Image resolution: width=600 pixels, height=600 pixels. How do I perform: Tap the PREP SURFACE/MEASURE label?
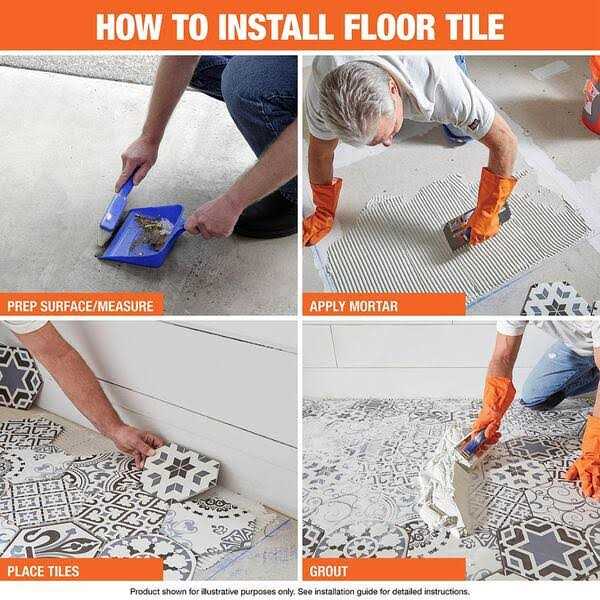click(81, 305)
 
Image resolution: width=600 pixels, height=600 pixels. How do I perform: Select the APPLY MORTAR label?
click(355, 305)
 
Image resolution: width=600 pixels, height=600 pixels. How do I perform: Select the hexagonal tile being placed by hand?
click(181, 470)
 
